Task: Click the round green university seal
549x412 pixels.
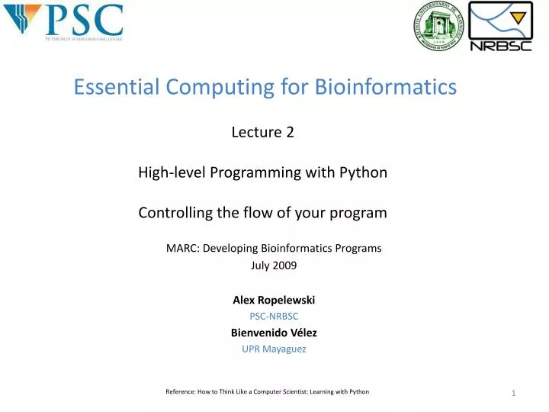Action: point(438,26)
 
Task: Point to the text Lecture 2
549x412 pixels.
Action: point(262,132)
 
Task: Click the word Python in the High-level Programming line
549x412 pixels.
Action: point(364,172)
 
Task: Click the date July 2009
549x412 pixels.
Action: point(274,266)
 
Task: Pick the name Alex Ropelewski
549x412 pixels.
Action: point(274,300)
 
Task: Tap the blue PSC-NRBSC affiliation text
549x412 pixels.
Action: point(274,316)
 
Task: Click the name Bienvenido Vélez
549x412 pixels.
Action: point(274,333)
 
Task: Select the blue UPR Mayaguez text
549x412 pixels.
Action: point(274,349)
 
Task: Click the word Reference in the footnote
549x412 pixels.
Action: point(181,391)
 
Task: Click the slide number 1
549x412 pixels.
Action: point(514,393)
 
